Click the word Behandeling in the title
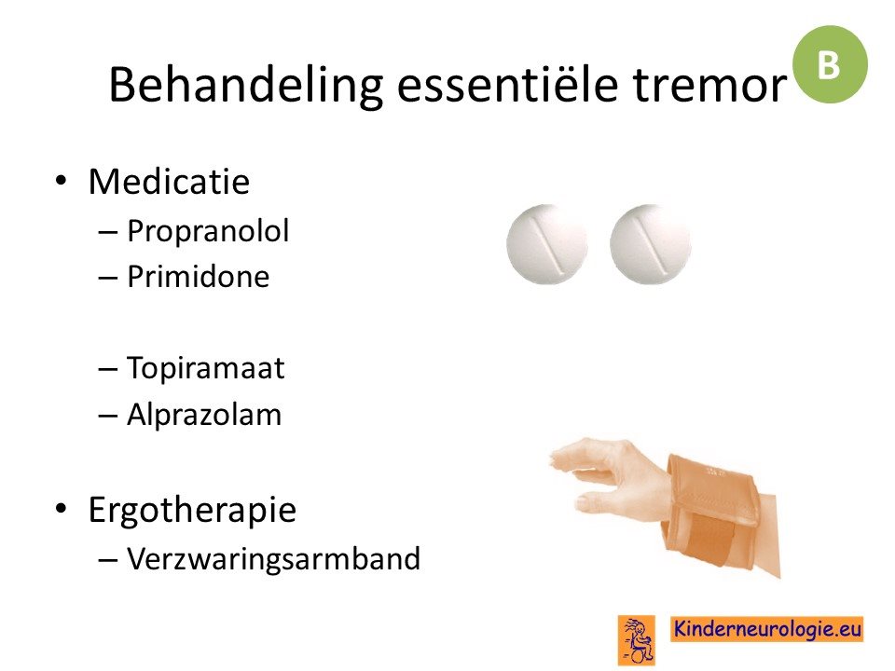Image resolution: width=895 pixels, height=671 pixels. point(245,86)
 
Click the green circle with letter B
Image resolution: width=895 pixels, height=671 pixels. point(830,64)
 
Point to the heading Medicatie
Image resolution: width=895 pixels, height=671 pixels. point(169,182)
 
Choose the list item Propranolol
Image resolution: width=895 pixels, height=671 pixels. point(208,232)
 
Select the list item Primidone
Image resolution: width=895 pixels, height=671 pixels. point(198,277)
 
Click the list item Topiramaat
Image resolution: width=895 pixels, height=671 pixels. point(205,369)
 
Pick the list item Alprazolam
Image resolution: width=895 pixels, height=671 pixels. point(204,414)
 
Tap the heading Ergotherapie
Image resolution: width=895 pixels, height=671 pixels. point(192,510)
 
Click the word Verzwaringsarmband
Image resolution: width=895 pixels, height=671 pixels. point(273,558)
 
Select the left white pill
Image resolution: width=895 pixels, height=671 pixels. point(547,244)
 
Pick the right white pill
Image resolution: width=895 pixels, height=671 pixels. point(650,244)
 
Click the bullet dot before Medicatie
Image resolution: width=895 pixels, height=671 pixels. point(61,182)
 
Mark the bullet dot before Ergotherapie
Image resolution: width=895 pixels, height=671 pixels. point(61,508)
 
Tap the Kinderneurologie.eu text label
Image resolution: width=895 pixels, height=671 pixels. point(767,629)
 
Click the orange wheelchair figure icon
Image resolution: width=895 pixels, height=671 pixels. point(637,640)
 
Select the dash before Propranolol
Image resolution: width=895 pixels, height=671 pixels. point(107,233)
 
